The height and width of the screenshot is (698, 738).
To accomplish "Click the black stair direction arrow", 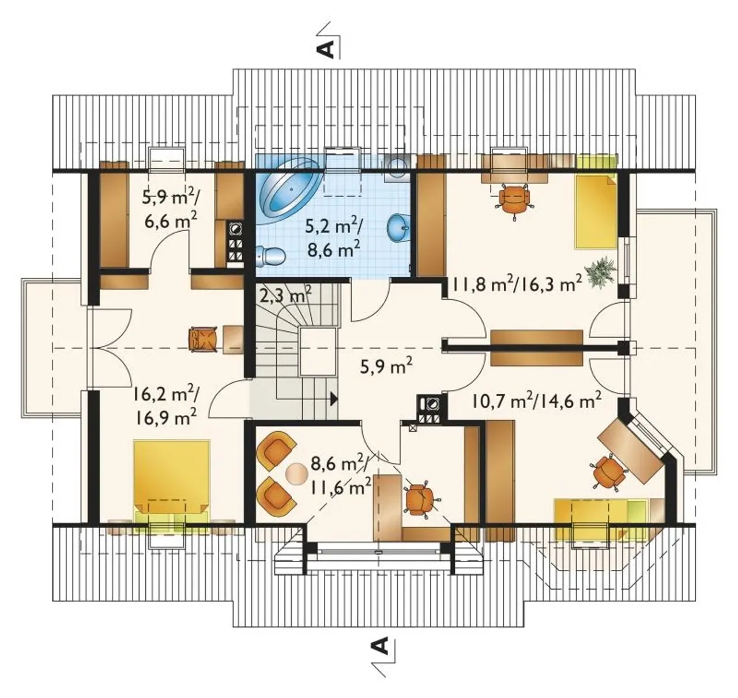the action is tap(334, 398).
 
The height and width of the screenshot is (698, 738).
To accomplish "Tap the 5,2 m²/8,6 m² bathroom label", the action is tap(334, 239).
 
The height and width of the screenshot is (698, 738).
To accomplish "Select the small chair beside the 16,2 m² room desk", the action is tap(203, 339).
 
